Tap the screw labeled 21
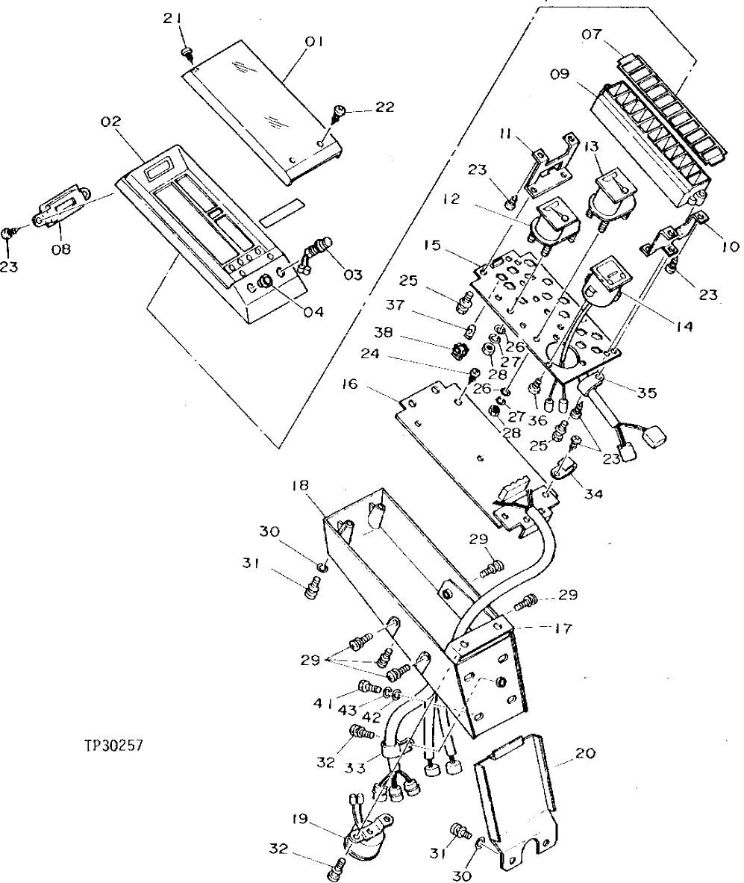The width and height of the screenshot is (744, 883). coord(187,51)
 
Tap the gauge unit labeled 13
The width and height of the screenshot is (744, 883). coord(611,196)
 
